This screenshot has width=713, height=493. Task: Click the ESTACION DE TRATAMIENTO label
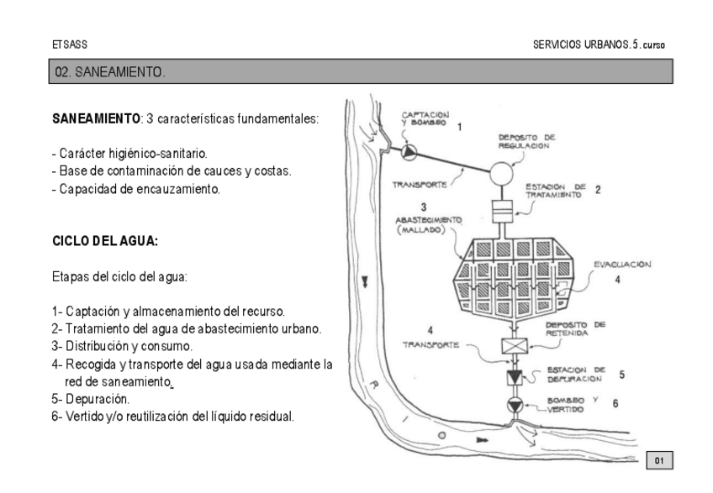pyautogui.click(x=552, y=190)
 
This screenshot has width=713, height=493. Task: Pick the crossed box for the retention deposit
pyautogui.click(x=512, y=346)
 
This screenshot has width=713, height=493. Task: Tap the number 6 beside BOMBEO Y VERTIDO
pyautogui.click(x=615, y=404)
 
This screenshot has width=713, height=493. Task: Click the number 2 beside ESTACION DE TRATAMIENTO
pyautogui.click(x=597, y=190)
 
